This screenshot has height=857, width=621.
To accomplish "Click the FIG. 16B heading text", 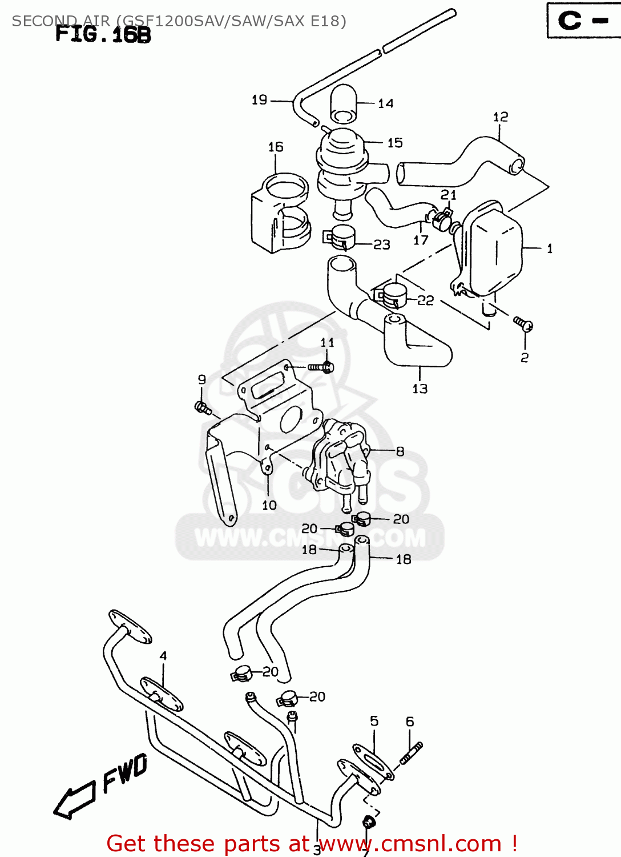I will pos(103,35).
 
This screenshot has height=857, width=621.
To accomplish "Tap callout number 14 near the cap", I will pos(386,103).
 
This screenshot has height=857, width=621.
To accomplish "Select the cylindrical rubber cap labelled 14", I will pos(344,105).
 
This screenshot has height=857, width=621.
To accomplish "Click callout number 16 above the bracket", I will pos(276,147).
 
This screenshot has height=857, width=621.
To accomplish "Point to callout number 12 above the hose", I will pos(501,117).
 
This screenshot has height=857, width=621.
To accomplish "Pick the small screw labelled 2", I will pos(523,324).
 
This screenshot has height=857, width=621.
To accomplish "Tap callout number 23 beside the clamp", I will pos(382,245).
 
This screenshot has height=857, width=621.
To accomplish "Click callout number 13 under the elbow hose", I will pos(420,389).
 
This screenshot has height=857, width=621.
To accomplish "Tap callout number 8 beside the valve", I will pos(400,451).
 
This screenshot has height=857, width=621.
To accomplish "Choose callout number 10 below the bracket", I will pos(269,505).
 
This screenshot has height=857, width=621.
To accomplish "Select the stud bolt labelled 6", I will pos(412,753).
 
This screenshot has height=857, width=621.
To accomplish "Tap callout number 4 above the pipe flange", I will pos(163,655).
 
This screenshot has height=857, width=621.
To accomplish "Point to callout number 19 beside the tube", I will pos(260,100).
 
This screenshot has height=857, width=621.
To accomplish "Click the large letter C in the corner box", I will pos(570,21).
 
